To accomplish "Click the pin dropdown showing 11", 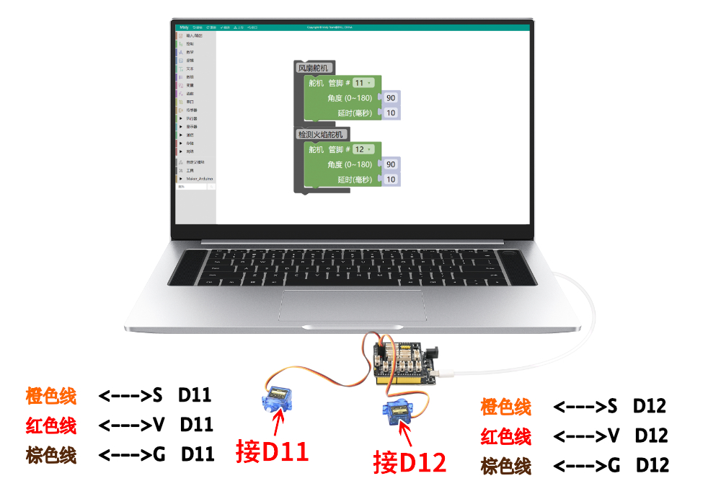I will (363, 82).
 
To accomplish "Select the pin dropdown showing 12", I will (363, 149).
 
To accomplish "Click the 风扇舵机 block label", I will (313, 68).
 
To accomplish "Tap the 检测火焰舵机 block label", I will (322, 134).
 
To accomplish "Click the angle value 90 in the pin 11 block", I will (391, 98).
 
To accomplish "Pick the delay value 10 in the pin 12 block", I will (391, 180).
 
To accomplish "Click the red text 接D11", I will (272, 451).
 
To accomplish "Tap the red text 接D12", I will (410, 461).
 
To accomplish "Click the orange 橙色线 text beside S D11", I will (51, 395).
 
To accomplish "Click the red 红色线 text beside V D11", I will (51, 425).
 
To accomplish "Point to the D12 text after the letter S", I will (649, 406).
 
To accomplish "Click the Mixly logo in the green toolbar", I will (184, 27).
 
